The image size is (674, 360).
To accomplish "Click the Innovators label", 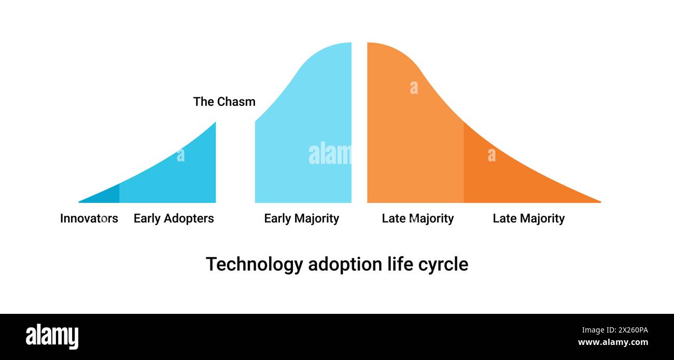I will click(x=89, y=218).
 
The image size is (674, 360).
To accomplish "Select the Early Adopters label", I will click(x=174, y=218).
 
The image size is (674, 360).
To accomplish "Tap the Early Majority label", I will click(x=301, y=218).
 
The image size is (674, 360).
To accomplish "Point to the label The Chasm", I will click(x=224, y=102).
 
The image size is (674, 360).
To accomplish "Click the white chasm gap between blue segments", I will click(x=235, y=166).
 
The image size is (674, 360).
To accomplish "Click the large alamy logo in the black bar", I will click(x=52, y=336).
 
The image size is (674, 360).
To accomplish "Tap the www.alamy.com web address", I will click(x=613, y=342).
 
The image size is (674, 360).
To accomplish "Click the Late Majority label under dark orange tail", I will click(x=528, y=218).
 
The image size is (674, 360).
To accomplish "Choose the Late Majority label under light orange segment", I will click(x=417, y=218).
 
